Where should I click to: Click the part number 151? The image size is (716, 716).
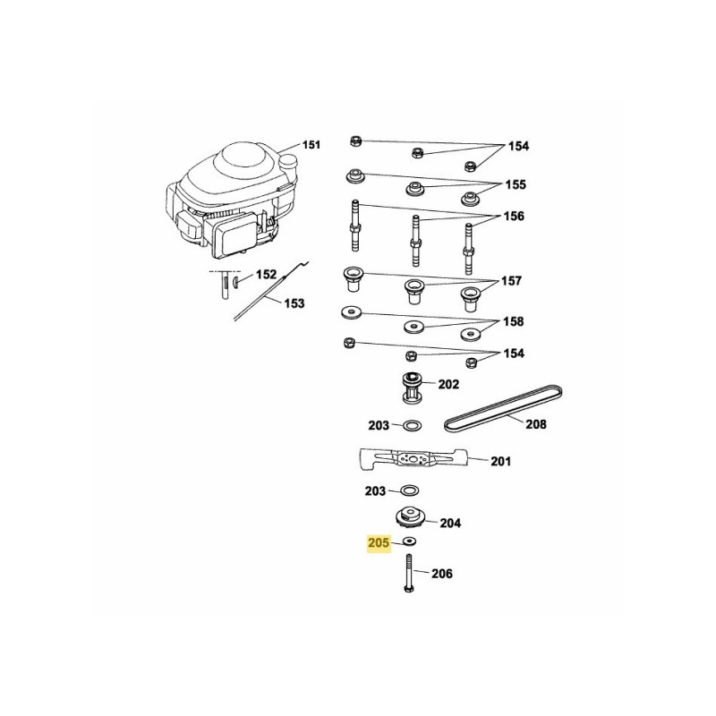point(311,145)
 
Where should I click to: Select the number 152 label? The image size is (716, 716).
point(267,276)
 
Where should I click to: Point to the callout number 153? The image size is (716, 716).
point(294,303)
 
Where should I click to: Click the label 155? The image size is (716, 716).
point(515,185)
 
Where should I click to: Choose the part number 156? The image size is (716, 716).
point(515,217)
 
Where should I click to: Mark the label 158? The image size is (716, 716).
point(514,321)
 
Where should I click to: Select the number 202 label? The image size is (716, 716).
point(448,385)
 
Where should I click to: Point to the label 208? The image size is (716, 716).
point(535,425)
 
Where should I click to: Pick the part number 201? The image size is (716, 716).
point(501,462)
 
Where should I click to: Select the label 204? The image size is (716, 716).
point(451,524)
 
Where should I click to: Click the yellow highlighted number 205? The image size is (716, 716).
point(379,542)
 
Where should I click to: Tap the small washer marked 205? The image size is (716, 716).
point(410,543)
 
